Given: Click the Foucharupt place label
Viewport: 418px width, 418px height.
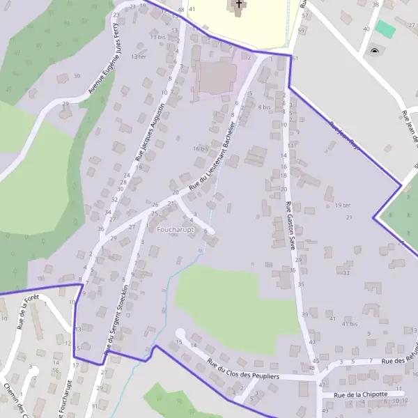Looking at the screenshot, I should click(176, 229).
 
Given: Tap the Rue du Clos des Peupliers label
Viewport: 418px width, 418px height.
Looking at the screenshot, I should click(243, 369).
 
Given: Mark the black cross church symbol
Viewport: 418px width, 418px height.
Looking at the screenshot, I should click(239, 4).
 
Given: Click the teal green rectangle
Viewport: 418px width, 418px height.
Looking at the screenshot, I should click(385, 29).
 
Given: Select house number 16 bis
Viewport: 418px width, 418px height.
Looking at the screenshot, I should click(201, 148).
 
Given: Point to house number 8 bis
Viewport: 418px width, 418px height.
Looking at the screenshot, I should click(264, 107).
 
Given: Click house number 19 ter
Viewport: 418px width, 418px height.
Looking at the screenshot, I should click(342, 206).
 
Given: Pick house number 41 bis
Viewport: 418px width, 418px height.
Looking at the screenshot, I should click(349, 324).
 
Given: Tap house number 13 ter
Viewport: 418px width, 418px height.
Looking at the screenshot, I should click(139, 56).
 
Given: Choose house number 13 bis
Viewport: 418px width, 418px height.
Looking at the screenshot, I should click(157, 36).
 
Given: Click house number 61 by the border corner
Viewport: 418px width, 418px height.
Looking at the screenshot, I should click(295, 58).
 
